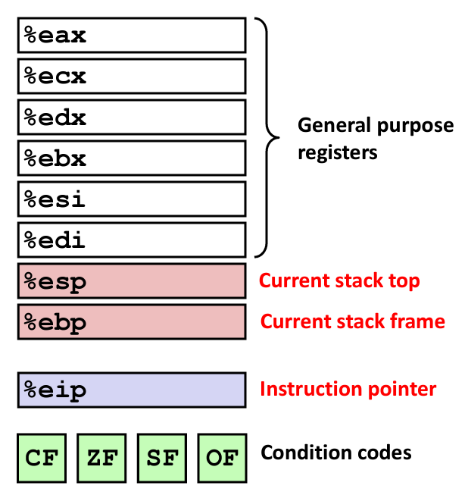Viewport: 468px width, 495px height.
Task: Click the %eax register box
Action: (x=132, y=36)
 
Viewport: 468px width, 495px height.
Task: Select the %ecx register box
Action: (x=132, y=77)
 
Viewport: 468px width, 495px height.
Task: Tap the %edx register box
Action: (x=132, y=117)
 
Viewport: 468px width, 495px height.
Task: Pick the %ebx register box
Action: (x=132, y=158)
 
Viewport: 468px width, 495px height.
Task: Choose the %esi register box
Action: (x=132, y=199)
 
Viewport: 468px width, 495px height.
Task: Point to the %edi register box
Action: (x=132, y=240)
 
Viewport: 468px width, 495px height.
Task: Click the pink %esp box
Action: (x=132, y=281)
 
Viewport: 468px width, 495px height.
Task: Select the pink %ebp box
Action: (x=132, y=322)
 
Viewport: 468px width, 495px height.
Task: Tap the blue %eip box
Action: (x=132, y=390)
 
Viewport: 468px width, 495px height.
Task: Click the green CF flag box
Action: (x=42, y=458)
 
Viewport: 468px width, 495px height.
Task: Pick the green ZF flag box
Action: (x=101, y=458)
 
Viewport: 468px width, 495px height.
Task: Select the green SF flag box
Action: (x=162, y=458)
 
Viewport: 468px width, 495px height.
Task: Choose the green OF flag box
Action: (x=223, y=458)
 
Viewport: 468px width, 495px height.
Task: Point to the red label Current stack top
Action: (x=339, y=281)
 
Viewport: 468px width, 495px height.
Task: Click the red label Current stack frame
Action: (x=353, y=322)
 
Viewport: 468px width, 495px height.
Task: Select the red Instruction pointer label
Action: (x=348, y=390)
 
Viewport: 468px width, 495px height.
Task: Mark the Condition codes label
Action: (x=336, y=453)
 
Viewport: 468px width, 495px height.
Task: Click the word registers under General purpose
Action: (x=337, y=153)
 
